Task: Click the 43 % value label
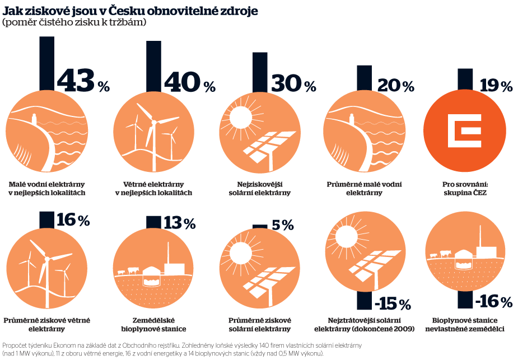click(x=83, y=82)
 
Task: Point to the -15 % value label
click(x=393, y=304)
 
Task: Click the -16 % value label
click(x=494, y=302)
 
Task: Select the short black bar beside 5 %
click(x=260, y=226)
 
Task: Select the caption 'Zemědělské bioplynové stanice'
click(x=153, y=324)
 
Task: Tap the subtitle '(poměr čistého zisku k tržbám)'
click(x=74, y=22)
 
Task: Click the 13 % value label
click(x=179, y=223)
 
